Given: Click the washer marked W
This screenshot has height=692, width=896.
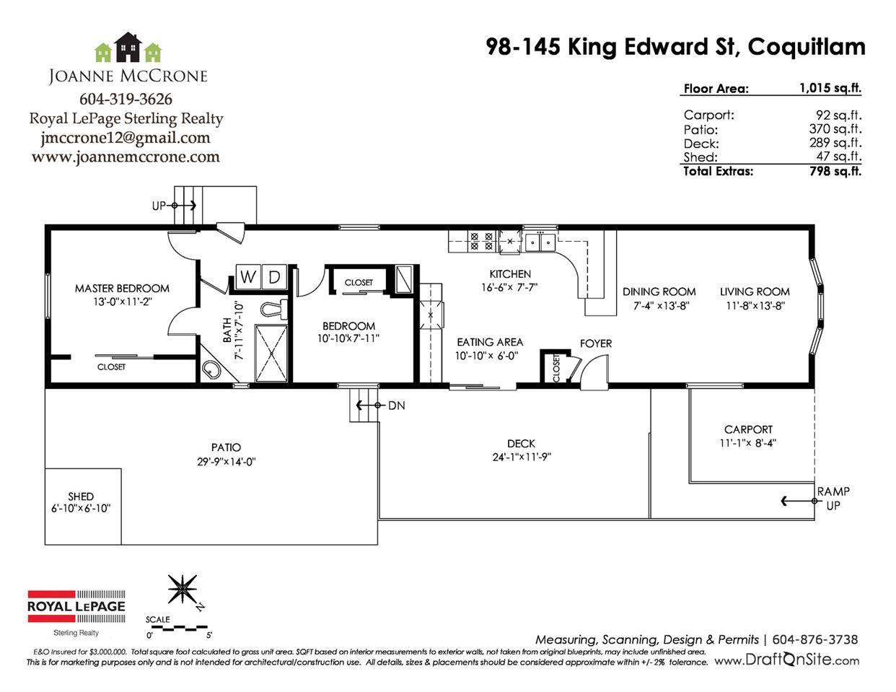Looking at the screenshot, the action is pyautogui.click(x=248, y=276).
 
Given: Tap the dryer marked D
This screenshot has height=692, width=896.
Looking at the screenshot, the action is pyautogui.click(x=274, y=276).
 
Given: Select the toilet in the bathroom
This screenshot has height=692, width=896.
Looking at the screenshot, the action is pyautogui.click(x=274, y=309).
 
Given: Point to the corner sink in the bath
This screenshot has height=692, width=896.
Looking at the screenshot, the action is pyautogui.click(x=211, y=370).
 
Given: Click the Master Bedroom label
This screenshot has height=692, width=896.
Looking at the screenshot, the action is pyautogui.click(x=122, y=288).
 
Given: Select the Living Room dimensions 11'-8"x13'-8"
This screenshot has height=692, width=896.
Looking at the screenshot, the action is pyautogui.click(x=755, y=305).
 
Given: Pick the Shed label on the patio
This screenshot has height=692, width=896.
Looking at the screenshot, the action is pyautogui.click(x=81, y=496).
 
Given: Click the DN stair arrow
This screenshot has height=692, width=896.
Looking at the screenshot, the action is pyautogui.click(x=368, y=406).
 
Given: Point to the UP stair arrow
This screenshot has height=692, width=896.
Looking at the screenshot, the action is pyautogui.click(x=184, y=205).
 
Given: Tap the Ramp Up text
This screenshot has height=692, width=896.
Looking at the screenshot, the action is pyautogui.click(x=834, y=498).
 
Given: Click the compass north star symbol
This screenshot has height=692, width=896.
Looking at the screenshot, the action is pyautogui.click(x=183, y=590).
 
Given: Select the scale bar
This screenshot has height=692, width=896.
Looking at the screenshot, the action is pyautogui.click(x=178, y=629).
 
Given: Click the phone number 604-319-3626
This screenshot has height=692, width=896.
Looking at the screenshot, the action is pyautogui.click(x=126, y=99).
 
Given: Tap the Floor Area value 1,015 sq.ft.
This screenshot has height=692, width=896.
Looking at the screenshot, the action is pyautogui.click(x=830, y=88).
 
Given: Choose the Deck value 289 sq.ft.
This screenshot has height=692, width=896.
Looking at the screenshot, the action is pyautogui.click(x=835, y=143).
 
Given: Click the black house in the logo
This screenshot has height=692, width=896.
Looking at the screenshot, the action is pyautogui.click(x=128, y=47).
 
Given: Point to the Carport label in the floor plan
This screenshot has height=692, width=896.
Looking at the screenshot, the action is pyautogui.click(x=748, y=429).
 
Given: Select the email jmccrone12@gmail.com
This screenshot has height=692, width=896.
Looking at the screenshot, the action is pyautogui.click(x=126, y=137).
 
